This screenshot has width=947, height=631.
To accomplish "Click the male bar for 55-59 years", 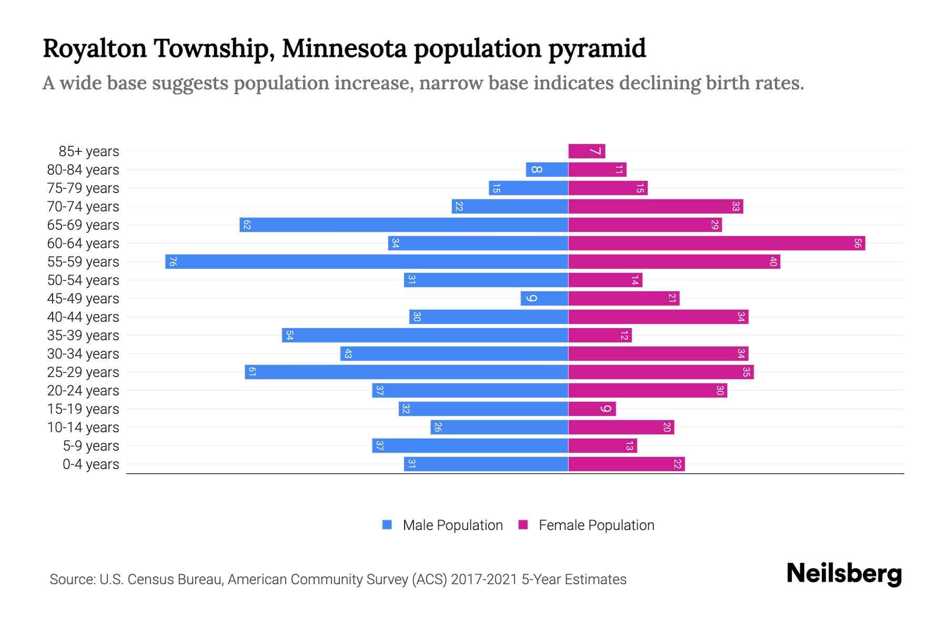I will (x=367, y=261).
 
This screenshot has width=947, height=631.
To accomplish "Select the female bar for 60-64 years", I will (x=717, y=243).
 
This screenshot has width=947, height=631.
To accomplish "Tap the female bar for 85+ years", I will (x=587, y=151).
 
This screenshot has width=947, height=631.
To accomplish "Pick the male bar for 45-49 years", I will (x=545, y=298).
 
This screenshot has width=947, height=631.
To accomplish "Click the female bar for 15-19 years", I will (x=592, y=409).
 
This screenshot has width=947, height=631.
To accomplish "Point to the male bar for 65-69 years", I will (x=404, y=225).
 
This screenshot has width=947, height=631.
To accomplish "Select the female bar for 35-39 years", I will (x=600, y=335).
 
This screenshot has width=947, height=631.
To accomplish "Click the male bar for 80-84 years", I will (x=547, y=169).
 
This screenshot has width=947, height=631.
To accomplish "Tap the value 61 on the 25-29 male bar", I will (x=252, y=372).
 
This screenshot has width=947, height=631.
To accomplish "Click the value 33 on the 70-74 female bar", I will (x=736, y=206).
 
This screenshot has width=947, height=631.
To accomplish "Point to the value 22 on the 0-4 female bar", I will (x=677, y=464).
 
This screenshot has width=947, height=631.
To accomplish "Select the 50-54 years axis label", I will (x=83, y=280).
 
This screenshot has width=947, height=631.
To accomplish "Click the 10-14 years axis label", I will (x=83, y=428).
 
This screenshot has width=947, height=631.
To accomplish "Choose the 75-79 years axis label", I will (x=83, y=188).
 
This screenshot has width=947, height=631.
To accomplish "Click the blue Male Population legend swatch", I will (x=387, y=525).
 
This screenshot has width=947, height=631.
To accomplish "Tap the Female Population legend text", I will (x=596, y=525).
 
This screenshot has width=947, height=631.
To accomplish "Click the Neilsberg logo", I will (x=844, y=574).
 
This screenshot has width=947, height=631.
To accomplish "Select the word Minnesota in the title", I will (x=344, y=48).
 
